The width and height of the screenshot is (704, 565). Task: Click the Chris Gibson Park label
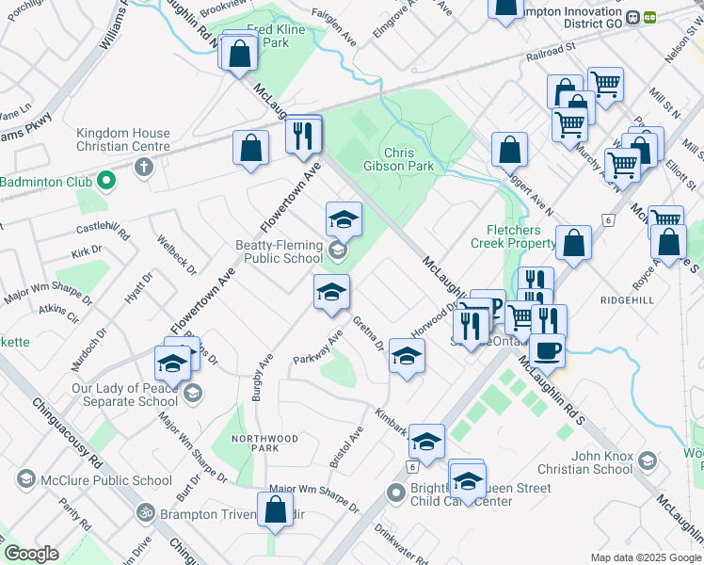tap(409, 159)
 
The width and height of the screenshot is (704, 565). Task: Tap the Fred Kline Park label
tap(276, 37)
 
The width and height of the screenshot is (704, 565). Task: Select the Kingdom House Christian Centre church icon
tap(143, 168)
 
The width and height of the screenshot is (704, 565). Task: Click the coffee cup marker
tap(547, 350)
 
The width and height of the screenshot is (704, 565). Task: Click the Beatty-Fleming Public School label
tap(279, 251)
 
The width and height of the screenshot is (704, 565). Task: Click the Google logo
tap(31, 554)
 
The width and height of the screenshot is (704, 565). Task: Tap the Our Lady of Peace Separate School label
tap(125, 395)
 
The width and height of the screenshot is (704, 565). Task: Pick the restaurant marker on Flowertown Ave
tap(303, 137)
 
